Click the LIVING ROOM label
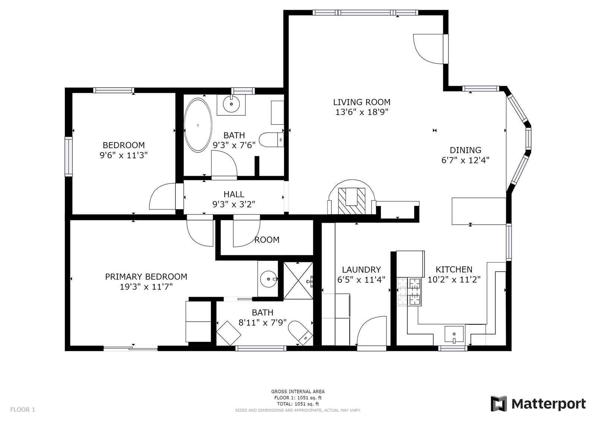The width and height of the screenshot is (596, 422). coord(362,102)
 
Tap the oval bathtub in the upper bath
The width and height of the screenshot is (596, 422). coord(198,125)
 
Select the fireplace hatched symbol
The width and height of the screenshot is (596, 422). coord(351,201)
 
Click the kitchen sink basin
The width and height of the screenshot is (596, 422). coord(454,334)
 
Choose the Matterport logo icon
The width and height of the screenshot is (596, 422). coord(499,404)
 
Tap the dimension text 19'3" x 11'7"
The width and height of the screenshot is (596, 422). coord(146,287)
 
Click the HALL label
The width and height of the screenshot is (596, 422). coord(234,194)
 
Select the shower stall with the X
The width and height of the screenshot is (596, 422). coord(298,281)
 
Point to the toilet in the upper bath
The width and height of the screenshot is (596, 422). coord(271,140)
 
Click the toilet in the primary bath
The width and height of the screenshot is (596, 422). coord(300,333)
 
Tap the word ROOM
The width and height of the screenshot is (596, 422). coord(267,240)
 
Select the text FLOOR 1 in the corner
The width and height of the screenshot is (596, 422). coord(23,409)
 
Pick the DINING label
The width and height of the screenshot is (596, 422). coord(466,150)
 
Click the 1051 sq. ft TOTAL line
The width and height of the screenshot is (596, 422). coord(298,404)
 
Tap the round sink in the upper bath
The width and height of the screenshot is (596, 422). coord(231,104)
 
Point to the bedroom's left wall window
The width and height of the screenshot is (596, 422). coord(69,157)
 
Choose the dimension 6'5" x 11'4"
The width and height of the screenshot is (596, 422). coord(361,280)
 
